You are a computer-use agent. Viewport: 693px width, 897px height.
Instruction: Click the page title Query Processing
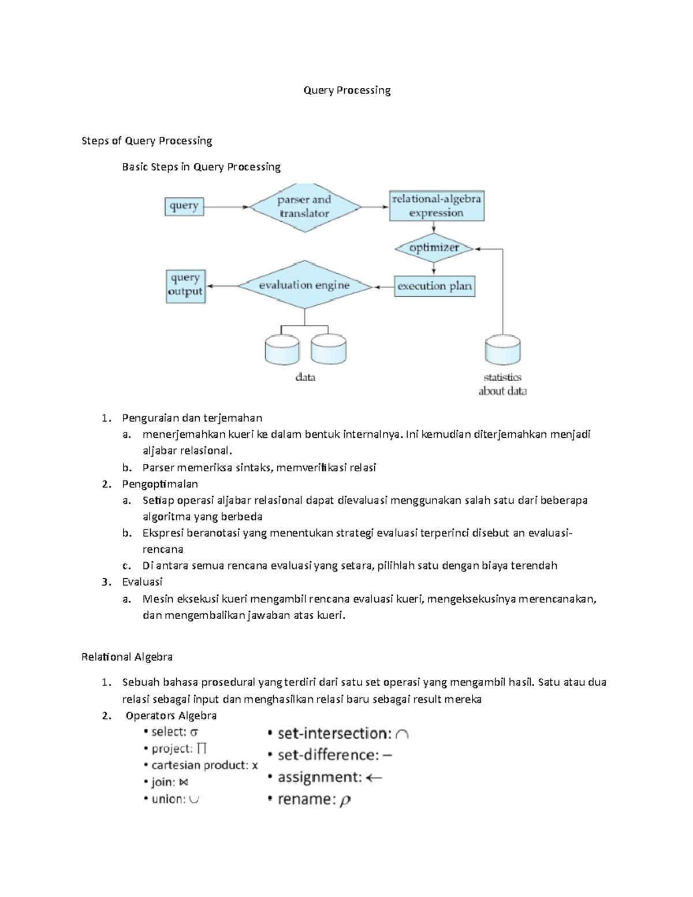(x=347, y=90)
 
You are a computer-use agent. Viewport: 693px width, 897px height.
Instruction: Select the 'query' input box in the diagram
(x=184, y=206)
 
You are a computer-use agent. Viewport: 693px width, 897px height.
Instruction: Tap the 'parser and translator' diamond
(x=304, y=207)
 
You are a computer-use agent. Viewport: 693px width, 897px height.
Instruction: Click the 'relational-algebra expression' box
(x=437, y=206)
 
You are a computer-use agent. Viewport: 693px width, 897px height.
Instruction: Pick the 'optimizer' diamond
(x=434, y=248)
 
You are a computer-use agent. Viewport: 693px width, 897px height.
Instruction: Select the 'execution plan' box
(x=434, y=286)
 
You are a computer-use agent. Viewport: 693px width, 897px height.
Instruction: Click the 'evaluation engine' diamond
(x=304, y=285)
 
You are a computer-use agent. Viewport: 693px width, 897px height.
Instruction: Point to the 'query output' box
(x=185, y=285)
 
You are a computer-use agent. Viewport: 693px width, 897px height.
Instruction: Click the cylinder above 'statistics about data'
(x=502, y=350)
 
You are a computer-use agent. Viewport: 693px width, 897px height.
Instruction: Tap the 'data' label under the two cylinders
(x=305, y=378)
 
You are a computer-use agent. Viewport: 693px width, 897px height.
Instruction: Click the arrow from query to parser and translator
(x=227, y=207)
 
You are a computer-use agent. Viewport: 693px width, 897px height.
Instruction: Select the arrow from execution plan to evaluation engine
(x=383, y=286)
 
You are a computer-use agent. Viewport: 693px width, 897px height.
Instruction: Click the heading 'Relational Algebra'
(x=127, y=657)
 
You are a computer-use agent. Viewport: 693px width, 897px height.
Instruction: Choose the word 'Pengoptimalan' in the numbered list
(x=160, y=484)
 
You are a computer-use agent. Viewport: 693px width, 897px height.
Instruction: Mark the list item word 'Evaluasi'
(x=142, y=582)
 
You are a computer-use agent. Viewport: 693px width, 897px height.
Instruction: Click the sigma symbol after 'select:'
(x=194, y=732)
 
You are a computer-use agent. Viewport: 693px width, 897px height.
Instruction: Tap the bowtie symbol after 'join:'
(x=184, y=783)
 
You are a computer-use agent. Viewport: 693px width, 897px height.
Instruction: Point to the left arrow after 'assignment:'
(x=374, y=778)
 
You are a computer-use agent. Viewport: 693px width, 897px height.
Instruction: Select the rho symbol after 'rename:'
(x=345, y=801)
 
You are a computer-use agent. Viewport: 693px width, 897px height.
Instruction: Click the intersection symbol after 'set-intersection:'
(x=403, y=734)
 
